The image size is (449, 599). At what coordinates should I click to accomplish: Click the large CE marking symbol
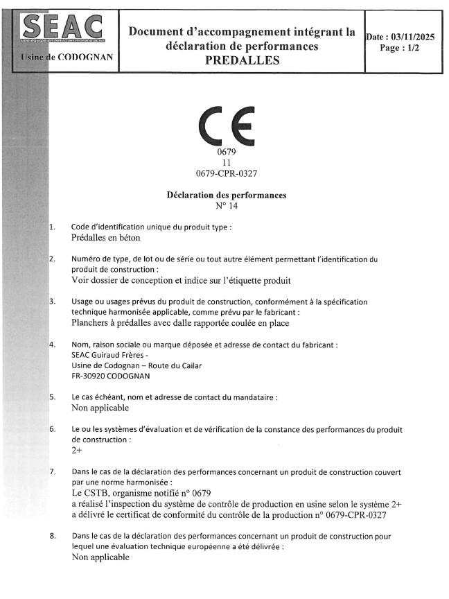click(226, 125)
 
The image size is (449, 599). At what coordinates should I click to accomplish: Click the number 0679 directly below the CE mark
click(227, 151)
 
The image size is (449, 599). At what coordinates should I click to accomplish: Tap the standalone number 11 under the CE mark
click(226, 162)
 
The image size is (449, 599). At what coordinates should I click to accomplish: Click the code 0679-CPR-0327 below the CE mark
click(227, 172)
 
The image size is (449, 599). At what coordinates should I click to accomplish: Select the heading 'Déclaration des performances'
click(227, 196)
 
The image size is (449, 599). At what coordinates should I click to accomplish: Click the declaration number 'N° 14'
click(227, 206)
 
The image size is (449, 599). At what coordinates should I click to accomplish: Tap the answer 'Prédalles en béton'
click(105, 238)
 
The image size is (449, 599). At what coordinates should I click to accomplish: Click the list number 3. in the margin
click(53, 302)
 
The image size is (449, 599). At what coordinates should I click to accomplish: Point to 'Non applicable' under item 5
click(100, 408)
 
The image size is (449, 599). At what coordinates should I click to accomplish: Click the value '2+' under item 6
click(77, 450)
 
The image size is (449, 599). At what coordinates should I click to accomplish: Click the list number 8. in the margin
click(53, 536)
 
